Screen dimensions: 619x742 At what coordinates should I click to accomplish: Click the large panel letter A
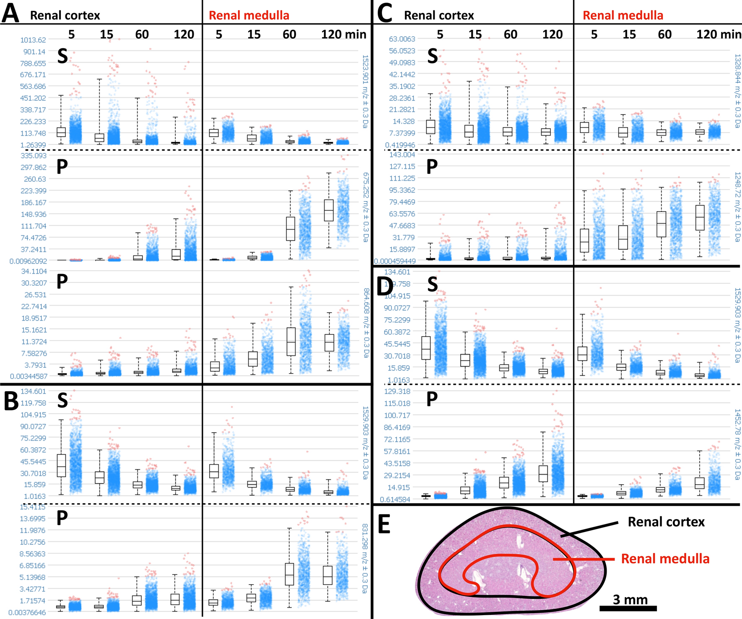tap(10, 13)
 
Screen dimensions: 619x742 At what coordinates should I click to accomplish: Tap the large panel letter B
tap(11, 401)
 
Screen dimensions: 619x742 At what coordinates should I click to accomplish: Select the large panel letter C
tap(384, 13)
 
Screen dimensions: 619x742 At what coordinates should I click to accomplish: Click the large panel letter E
tap(384, 524)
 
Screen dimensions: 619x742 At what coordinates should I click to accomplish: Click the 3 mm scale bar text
tap(630, 599)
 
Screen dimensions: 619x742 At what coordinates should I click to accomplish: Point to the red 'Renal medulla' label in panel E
tap(665, 559)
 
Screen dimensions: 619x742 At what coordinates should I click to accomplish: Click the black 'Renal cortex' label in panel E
tap(666, 522)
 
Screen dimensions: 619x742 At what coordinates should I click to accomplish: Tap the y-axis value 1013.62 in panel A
tap(33, 40)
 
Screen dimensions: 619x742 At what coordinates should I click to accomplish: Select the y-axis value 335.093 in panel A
tap(34, 156)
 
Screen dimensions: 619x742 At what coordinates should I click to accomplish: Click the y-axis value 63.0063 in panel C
tap(402, 39)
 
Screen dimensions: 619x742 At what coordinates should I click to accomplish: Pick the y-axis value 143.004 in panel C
tap(402, 154)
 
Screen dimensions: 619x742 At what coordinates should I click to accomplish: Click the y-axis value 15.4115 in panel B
tap(33, 507)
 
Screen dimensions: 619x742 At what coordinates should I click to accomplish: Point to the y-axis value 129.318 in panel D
tap(397, 391)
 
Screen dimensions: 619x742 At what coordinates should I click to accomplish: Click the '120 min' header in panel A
tap(344, 34)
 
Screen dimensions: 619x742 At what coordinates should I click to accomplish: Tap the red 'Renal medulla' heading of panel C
tap(623, 16)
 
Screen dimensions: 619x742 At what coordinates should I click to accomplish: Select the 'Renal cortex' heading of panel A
tap(65, 16)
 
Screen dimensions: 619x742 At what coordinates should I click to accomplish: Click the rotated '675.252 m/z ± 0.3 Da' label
tap(365, 207)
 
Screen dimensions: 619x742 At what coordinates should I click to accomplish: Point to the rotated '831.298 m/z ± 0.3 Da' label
tap(365, 558)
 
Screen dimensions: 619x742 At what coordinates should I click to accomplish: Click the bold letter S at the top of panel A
tap(62, 56)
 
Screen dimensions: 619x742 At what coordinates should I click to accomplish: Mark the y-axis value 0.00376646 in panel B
tap(28, 613)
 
